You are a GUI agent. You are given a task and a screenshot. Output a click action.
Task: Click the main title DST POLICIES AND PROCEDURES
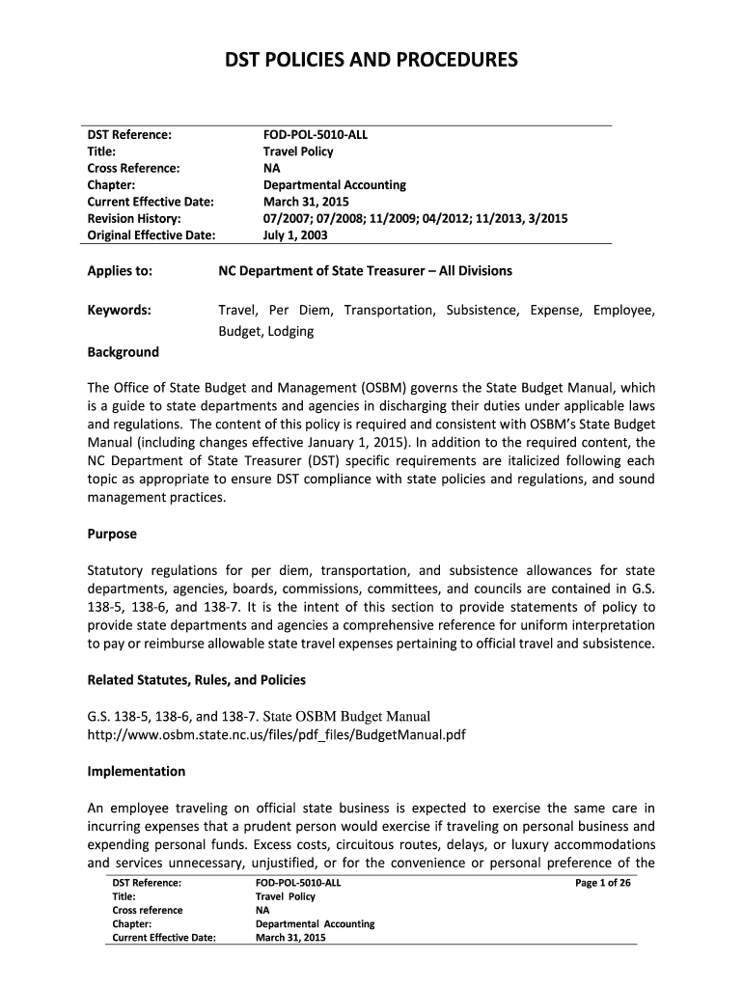(371, 62)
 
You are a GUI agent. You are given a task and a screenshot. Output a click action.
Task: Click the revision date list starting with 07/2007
(415, 218)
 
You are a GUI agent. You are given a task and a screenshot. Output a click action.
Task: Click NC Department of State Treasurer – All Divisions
(365, 271)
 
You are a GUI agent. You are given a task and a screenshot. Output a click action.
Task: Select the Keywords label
(119, 310)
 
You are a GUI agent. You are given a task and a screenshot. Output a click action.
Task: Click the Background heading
(124, 352)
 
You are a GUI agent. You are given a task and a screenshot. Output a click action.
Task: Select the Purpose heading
(112, 534)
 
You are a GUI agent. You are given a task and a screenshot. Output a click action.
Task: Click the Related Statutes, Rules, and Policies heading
(197, 680)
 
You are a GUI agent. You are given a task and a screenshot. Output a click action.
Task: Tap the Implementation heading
(136, 772)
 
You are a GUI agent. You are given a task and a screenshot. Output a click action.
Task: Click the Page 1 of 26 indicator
(602, 883)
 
